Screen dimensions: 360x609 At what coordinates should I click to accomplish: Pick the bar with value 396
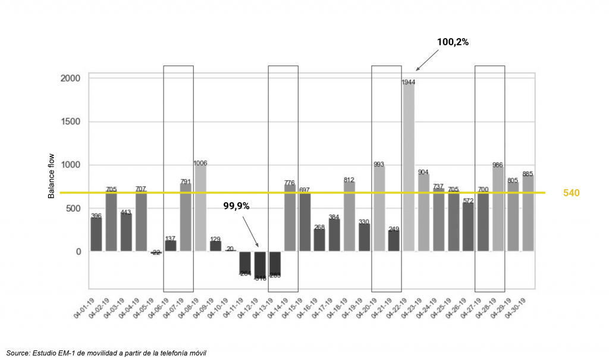click(96, 234)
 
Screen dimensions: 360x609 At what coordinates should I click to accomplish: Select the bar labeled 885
click(528, 212)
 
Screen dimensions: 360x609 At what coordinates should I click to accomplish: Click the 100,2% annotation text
click(453, 43)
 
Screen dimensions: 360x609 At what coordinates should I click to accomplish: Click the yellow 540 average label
click(571, 193)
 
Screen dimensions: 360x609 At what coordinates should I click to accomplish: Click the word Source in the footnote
click(18, 353)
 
